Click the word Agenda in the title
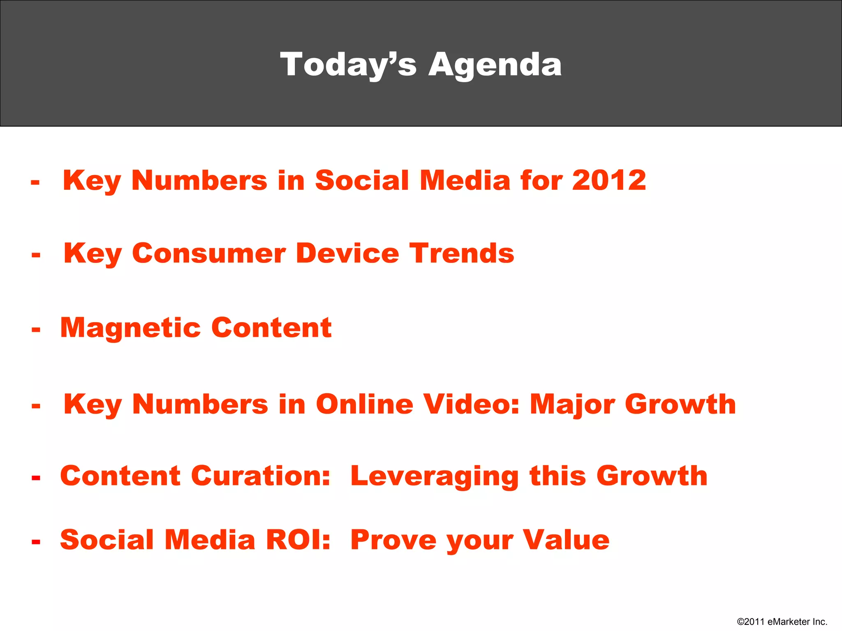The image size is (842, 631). (495, 65)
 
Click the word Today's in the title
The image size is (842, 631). (348, 65)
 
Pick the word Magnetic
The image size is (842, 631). (131, 328)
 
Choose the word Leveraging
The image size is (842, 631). (435, 477)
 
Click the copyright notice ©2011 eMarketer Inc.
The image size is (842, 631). (782, 622)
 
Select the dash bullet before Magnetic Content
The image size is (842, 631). (36, 329)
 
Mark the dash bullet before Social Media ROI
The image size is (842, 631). (36, 542)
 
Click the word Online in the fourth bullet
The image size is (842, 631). (364, 404)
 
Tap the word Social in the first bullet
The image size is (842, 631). (362, 180)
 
